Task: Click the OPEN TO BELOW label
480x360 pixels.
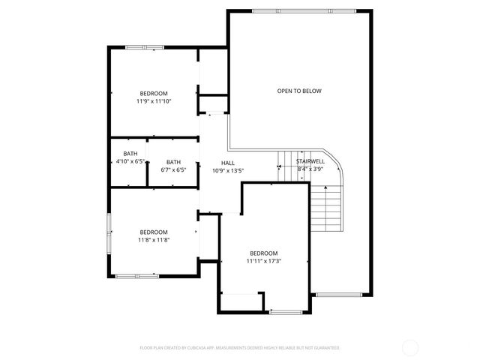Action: click(x=299, y=91)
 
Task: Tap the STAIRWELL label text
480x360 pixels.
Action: click(x=310, y=161)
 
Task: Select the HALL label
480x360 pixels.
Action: click(x=228, y=163)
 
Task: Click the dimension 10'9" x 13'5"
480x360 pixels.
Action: click(x=228, y=170)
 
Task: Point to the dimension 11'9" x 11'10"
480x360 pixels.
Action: click(x=154, y=100)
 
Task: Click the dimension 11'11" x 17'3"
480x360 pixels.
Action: click(x=263, y=261)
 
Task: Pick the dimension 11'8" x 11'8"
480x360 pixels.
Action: click(x=153, y=240)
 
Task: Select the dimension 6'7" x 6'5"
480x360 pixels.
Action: click(x=173, y=169)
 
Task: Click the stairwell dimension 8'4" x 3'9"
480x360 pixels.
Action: click(x=310, y=169)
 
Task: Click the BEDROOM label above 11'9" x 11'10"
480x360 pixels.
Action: click(x=154, y=93)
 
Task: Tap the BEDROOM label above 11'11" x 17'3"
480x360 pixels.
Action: click(x=263, y=253)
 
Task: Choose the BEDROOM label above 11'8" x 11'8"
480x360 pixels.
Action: click(x=153, y=232)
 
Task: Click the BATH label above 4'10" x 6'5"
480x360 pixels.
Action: click(x=130, y=154)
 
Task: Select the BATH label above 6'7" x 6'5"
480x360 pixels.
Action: click(x=173, y=162)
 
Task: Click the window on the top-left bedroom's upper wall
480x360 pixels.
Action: click(x=145, y=48)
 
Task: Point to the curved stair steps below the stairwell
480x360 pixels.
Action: click(x=328, y=206)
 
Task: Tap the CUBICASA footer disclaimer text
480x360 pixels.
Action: click(x=240, y=348)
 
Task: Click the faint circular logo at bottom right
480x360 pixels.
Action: click(x=410, y=347)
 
